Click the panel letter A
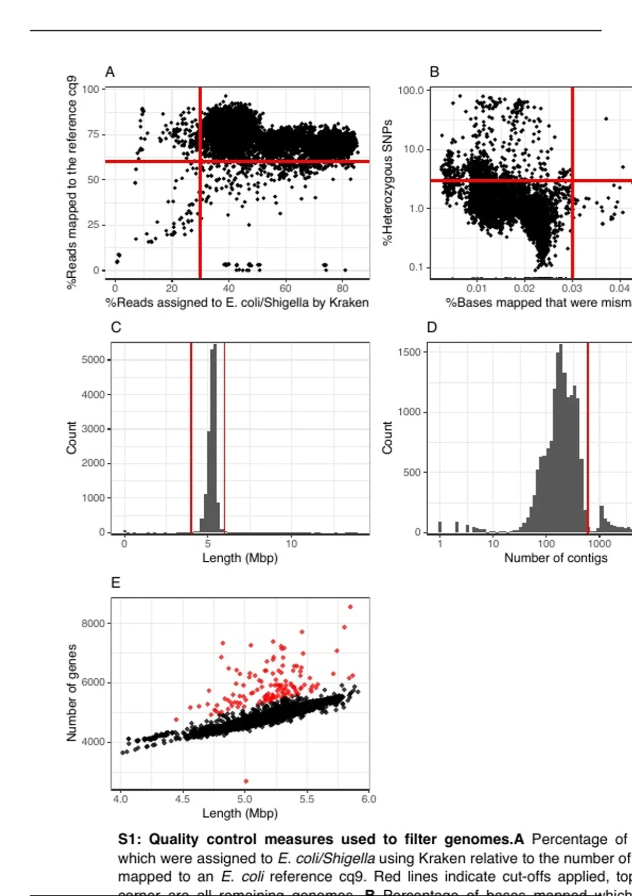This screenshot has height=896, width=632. [110, 72]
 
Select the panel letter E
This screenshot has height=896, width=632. [116, 582]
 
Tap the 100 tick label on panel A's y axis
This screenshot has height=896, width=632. [91, 89]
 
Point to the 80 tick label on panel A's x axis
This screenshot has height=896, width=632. [342, 288]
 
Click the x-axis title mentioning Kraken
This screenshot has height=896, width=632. [237, 303]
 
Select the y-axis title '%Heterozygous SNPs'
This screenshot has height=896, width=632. [388, 182]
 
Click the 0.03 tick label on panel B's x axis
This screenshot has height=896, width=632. [572, 288]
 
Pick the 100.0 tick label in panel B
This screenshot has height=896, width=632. [411, 90]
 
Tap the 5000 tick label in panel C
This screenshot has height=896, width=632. [93, 360]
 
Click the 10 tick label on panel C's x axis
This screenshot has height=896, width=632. [291, 543]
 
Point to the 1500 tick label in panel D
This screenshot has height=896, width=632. [409, 352]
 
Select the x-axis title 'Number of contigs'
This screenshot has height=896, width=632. [556, 558]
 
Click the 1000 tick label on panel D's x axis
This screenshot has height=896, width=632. [599, 543]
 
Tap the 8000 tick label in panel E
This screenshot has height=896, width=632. [93, 624]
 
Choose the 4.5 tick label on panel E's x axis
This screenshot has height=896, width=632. [182, 799]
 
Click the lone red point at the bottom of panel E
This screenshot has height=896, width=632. [246, 781]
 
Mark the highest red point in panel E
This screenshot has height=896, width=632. [350, 607]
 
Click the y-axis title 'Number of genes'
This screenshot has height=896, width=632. [72, 693]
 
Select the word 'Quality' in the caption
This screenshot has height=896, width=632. [174, 839]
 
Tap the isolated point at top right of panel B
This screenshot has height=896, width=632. [606, 119]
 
